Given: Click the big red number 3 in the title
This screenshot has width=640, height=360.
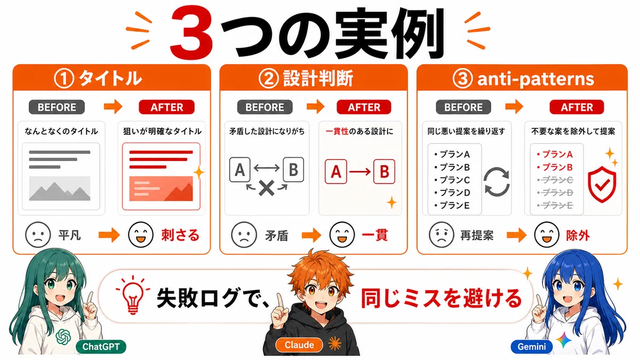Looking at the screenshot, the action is pyautogui.click(x=191, y=32).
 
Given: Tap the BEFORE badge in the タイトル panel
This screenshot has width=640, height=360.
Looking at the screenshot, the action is pyautogui.click(x=57, y=107).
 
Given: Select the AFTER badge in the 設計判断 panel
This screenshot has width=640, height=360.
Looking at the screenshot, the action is pyautogui.click(x=364, y=107).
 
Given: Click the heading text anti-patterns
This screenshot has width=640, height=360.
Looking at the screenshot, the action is pyautogui.click(x=535, y=79).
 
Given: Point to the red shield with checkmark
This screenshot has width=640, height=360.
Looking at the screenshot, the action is pyautogui.click(x=602, y=185).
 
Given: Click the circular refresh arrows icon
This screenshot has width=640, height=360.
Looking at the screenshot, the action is pyautogui.click(x=497, y=182).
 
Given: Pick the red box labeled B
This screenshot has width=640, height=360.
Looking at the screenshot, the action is pyautogui.click(x=384, y=172).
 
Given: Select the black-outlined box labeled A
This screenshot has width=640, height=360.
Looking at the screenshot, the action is pyautogui.click(x=239, y=170).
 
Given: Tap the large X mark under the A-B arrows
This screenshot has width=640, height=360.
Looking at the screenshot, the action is pyautogui.click(x=267, y=188).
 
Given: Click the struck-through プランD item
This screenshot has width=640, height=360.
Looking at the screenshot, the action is pyautogui.click(x=555, y=193).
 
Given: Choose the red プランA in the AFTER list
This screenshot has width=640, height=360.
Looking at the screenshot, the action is pyautogui.click(x=555, y=155).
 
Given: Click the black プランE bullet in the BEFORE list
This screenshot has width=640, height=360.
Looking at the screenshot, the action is pyautogui.click(x=452, y=205).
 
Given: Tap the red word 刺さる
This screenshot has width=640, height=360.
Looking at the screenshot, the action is pyautogui.click(x=180, y=235).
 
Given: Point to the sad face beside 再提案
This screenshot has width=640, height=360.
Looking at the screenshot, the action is pyautogui.click(x=441, y=235).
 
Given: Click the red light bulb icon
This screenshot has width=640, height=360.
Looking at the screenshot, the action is pyautogui.click(x=133, y=295).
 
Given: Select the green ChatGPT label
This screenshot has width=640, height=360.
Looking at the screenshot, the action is pyautogui.click(x=101, y=347).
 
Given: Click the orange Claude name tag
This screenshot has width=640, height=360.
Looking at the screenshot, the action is pyautogui.click(x=299, y=345).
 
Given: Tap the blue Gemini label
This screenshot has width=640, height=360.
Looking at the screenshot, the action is pyautogui.click(x=531, y=347).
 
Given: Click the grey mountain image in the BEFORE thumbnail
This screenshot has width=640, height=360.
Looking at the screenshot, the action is pyautogui.click(x=60, y=188).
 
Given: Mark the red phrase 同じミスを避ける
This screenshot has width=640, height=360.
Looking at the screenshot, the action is pyautogui.click(x=442, y=298).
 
